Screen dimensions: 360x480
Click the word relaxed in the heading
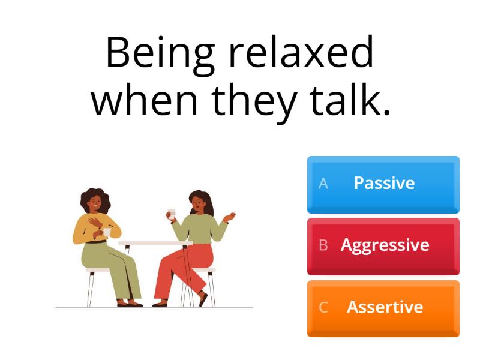(x=301, y=53)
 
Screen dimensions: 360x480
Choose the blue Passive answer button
(x=383, y=184)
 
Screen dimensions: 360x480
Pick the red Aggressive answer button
(x=383, y=245)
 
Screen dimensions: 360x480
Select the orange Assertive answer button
(x=383, y=308)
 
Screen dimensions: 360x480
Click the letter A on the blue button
(x=323, y=184)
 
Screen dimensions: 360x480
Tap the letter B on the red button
(x=323, y=245)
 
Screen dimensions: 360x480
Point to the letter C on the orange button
(x=323, y=308)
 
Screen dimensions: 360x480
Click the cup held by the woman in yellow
(x=107, y=232)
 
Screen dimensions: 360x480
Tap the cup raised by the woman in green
(x=171, y=213)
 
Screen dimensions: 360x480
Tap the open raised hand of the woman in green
(x=228, y=216)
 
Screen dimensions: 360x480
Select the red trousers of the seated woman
(x=180, y=264)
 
